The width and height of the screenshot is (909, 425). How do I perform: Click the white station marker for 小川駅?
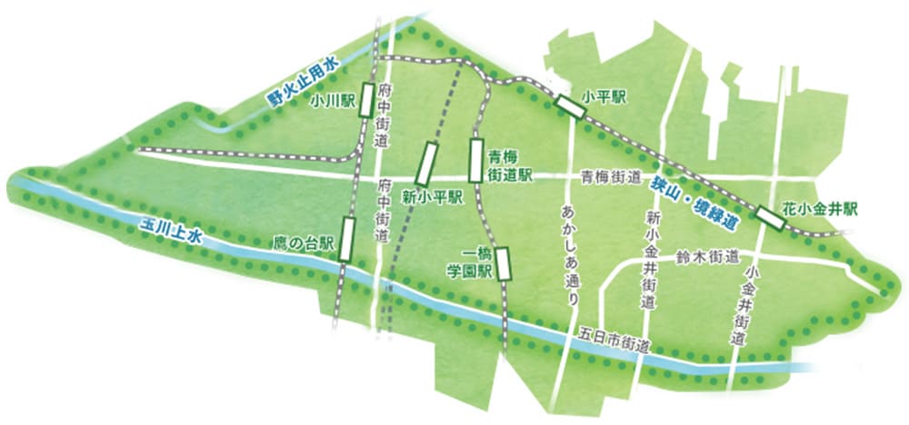click(365, 99)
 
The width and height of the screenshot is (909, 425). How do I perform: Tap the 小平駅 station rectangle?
click(571, 106)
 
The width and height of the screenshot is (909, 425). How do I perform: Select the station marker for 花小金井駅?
click(771, 217)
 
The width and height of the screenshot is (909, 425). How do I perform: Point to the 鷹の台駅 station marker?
click(346, 239)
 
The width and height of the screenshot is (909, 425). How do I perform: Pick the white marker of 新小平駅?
click(426, 163)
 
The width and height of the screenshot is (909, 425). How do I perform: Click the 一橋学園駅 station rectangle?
click(503, 264)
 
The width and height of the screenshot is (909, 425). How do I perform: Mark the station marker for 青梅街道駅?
click(474, 159)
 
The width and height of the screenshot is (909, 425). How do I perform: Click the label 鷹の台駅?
click(305, 243)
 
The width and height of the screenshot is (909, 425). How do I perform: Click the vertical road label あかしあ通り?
click(571, 248)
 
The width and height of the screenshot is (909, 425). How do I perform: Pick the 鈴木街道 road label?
click(707, 257)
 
